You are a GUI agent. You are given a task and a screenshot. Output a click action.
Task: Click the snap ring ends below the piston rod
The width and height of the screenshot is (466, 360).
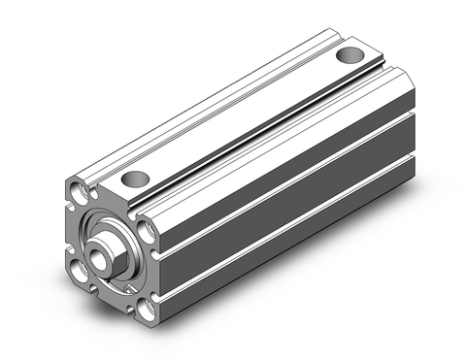point(125,287)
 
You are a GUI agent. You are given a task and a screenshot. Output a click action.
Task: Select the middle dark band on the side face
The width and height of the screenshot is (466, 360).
point(291,199)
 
